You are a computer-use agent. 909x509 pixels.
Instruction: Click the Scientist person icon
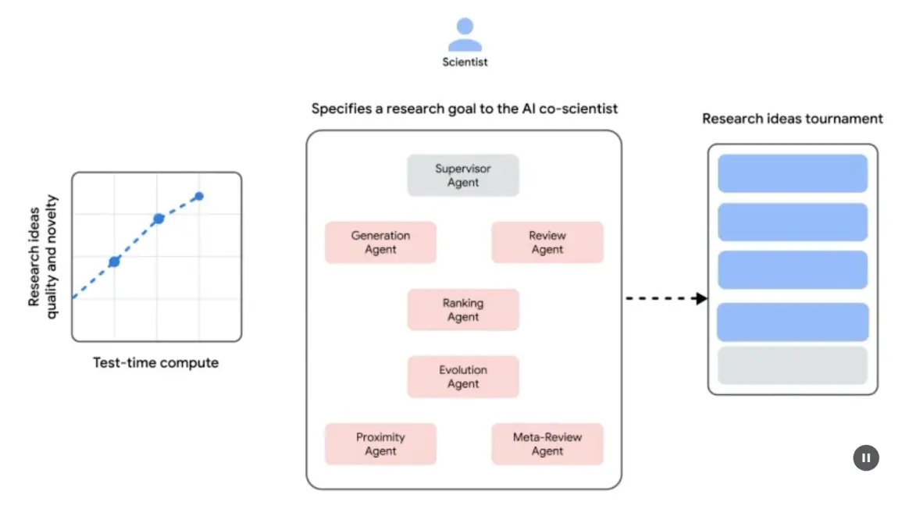click(465, 34)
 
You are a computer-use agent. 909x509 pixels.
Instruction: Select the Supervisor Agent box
click(463, 176)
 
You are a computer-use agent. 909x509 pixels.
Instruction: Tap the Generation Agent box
click(380, 242)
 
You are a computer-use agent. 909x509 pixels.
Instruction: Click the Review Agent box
click(547, 242)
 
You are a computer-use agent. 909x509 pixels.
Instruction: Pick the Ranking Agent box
click(463, 310)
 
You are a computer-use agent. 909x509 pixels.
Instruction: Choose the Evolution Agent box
click(463, 377)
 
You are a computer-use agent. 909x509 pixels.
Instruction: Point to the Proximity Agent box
click(380, 444)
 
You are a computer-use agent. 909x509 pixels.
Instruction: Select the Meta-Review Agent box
click(547, 444)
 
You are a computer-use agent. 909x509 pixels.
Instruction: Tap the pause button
click(865, 457)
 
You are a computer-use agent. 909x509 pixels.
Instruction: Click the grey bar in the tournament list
click(792, 365)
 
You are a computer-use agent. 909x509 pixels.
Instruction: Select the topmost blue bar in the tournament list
click(792, 173)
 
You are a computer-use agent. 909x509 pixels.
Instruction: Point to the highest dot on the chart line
click(199, 196)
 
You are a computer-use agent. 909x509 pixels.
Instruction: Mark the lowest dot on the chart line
click(114, 262)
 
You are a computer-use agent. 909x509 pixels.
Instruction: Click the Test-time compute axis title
click(156, 363)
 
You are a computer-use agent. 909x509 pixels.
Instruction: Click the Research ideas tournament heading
click(792, 119)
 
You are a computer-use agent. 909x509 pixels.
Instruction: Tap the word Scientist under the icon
click(465, 62)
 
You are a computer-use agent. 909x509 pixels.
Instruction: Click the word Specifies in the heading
click(340, 109)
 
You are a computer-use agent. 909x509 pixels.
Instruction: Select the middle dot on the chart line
click(158, 219)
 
